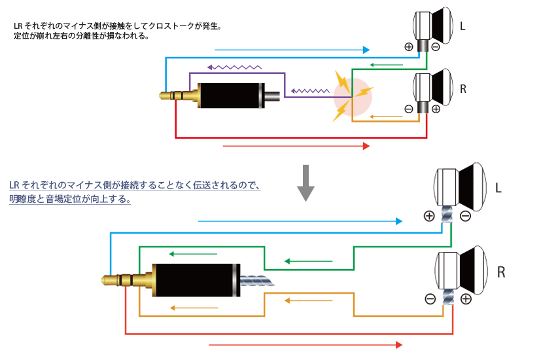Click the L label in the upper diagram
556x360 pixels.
point(462,27)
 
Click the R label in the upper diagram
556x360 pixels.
point(463,89)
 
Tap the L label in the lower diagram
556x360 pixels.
point(498,189)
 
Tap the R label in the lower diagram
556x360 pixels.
point(501,271)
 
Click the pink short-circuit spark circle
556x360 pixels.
point(353,97)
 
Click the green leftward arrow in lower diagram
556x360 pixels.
point(308,261)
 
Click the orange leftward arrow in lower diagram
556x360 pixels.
point(308,300)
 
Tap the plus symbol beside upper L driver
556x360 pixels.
point(409,47)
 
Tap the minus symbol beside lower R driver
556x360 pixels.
point(430,299)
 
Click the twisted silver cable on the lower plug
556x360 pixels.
point(258,281)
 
